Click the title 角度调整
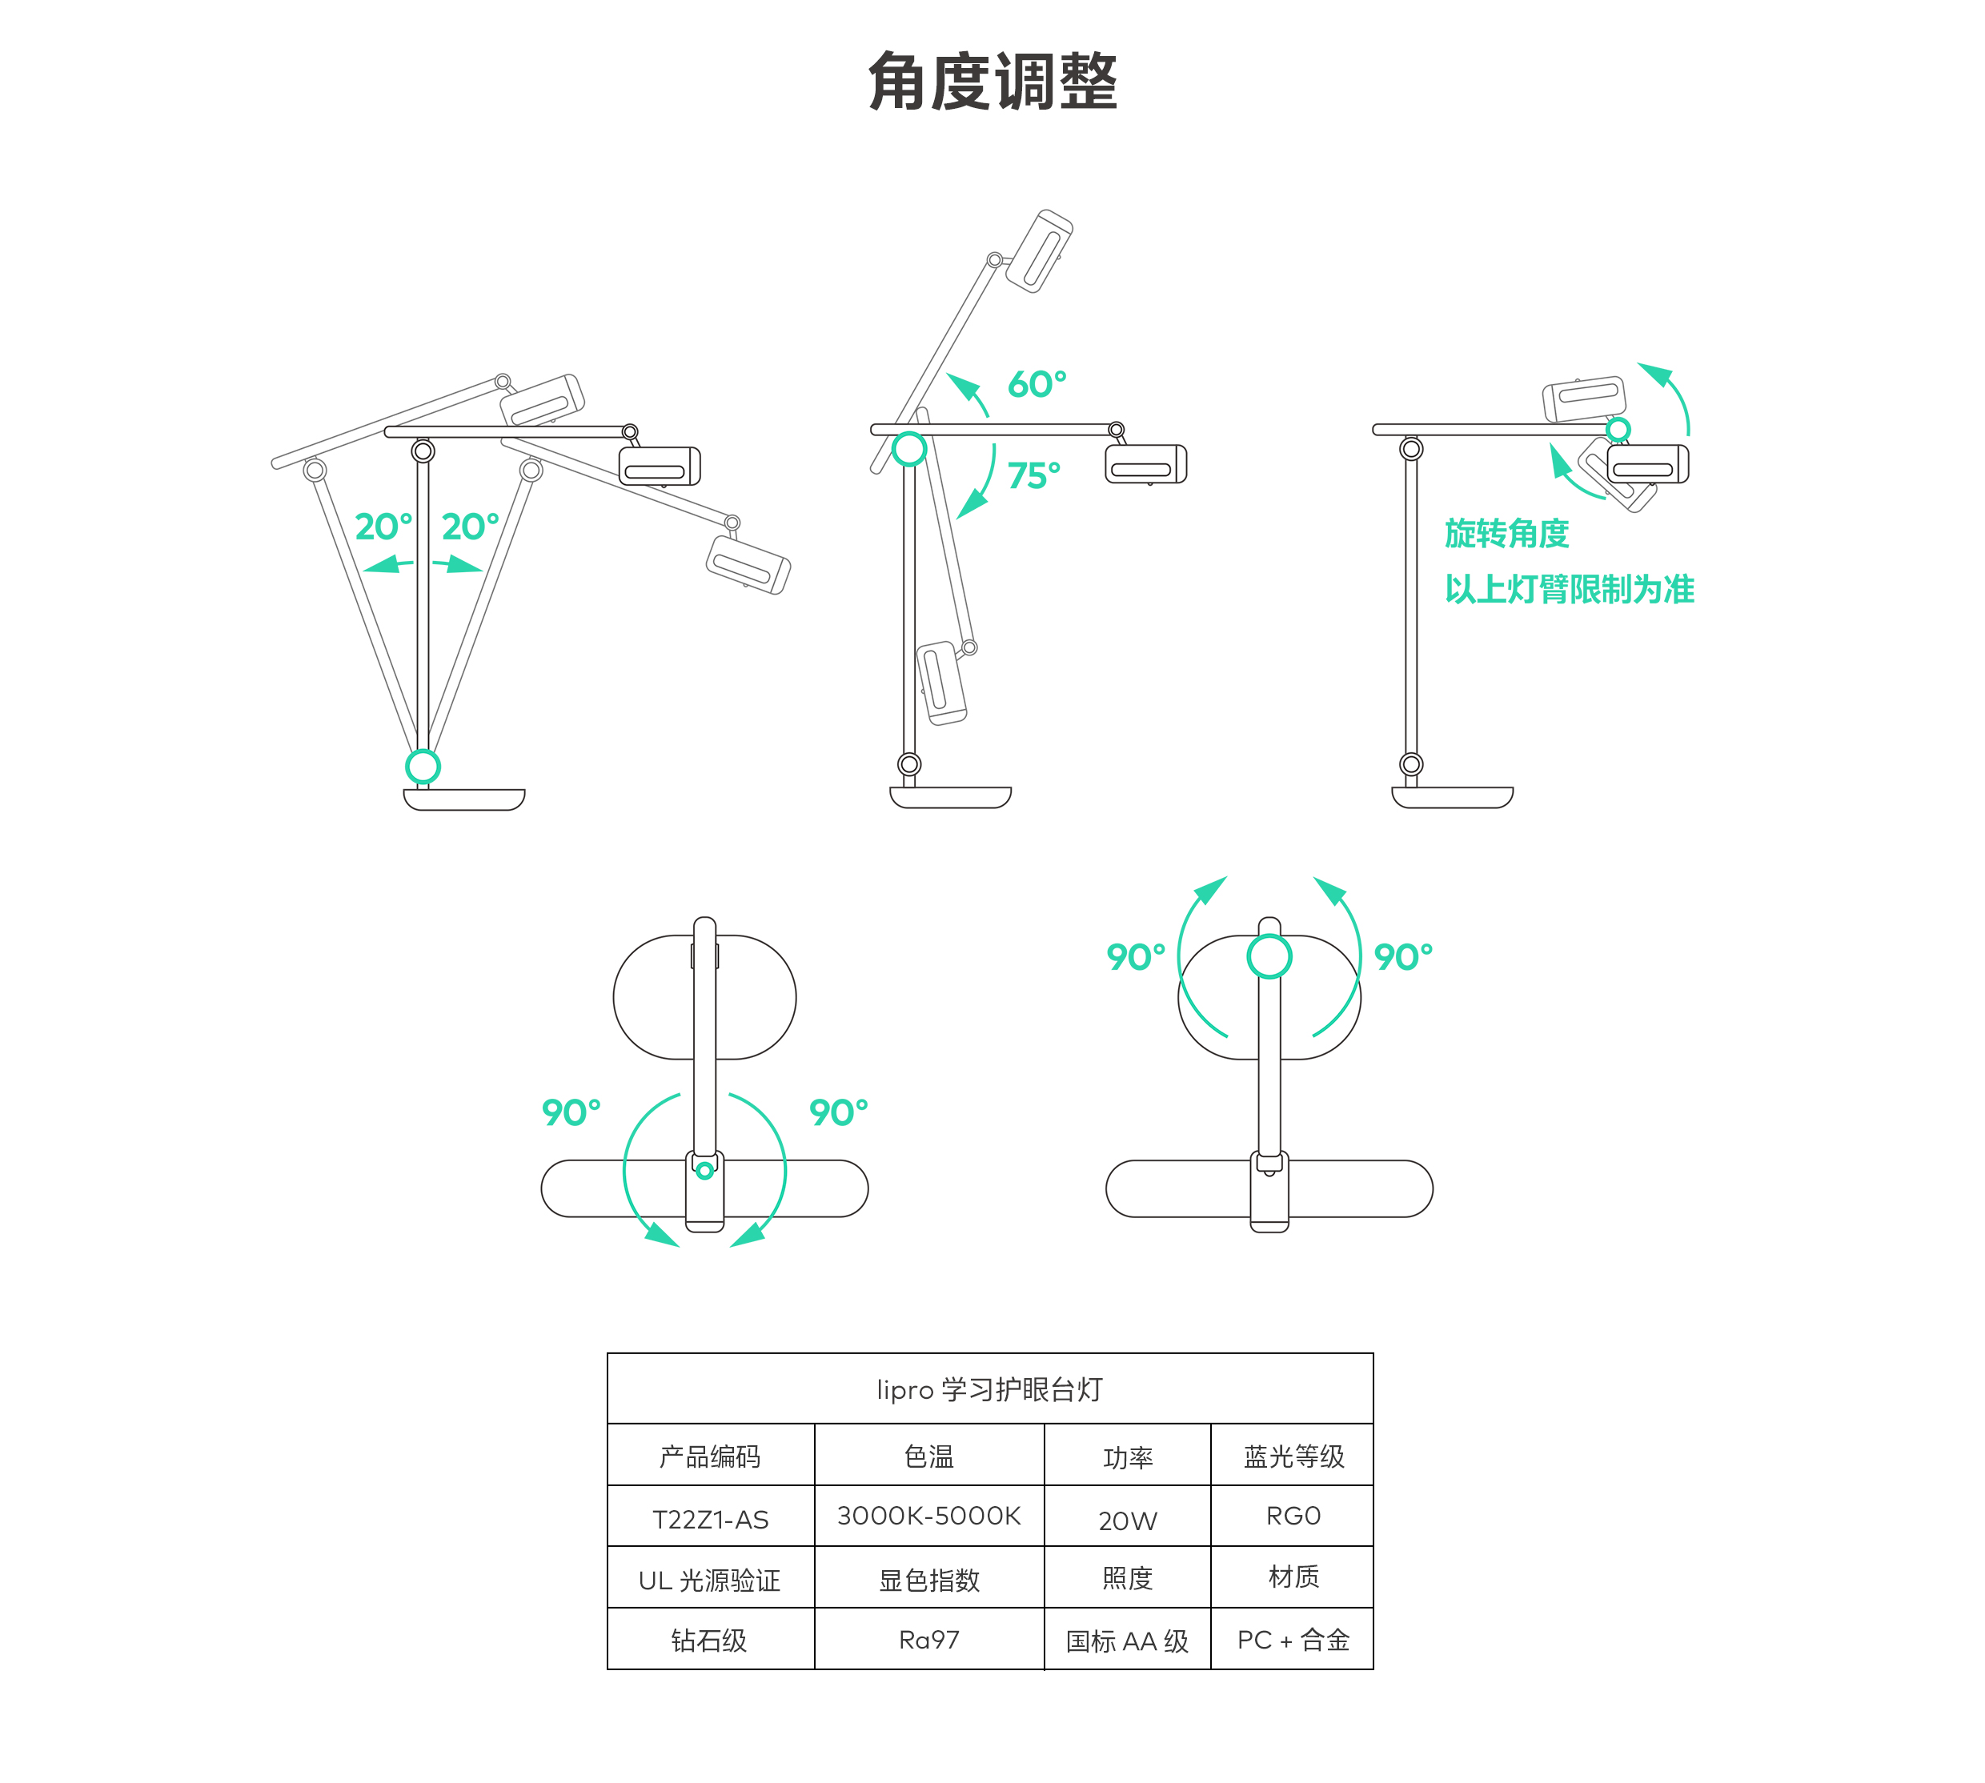[992, 82]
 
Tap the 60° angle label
[1037, 384]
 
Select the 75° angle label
[1033, 475]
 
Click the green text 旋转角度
[1507, 534]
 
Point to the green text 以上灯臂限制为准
[1570, 589]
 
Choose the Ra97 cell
[928, 1640]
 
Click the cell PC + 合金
[1293, 1640]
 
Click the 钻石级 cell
[709, 1640]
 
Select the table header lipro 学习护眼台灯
[989, 1389]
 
